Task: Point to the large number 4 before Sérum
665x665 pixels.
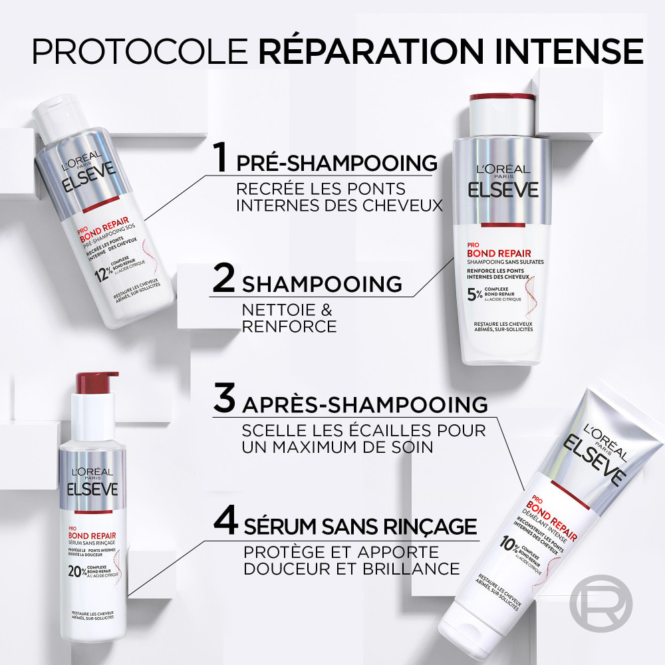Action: click(226, 522)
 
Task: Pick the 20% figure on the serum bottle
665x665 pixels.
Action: click(78, 569)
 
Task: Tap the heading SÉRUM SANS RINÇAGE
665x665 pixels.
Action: click(360, 527)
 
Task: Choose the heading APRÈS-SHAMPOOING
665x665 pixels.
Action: click(365, 404)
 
